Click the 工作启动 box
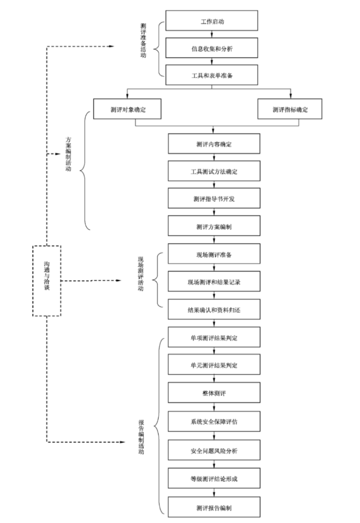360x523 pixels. pyautogui.click(x=212, y=21)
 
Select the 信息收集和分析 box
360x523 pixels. pyautogui.click(x=212, y=48)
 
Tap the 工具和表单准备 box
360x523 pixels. pyautogui.click(x=212, y=75)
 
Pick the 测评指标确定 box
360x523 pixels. pyautogui.click(x=290, y=109)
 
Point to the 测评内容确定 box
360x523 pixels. pyautogui.click(x=214, y=144)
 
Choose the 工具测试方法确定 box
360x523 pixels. pyautogui.click(x=214, y=171)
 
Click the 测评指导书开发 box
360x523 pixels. pyautogui.click(x=214, y=199)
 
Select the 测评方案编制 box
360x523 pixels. pyautogui.click(x=214, y=226)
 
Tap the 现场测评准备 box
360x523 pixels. pyautogui.click(x=214, y=254)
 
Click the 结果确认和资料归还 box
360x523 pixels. pyautogui.click(x=214, y=309)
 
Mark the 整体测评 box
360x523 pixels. pyautogui.click(x=214, y=393)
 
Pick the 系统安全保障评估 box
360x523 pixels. pyautogui.click(x=214, y=421)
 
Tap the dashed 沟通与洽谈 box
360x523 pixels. pyautogui.click(x=47, y=281)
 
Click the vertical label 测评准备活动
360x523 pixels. pyautogui.click(x=143, y=41)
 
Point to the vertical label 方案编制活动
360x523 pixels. pyautogui.click(x=68, y=154)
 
